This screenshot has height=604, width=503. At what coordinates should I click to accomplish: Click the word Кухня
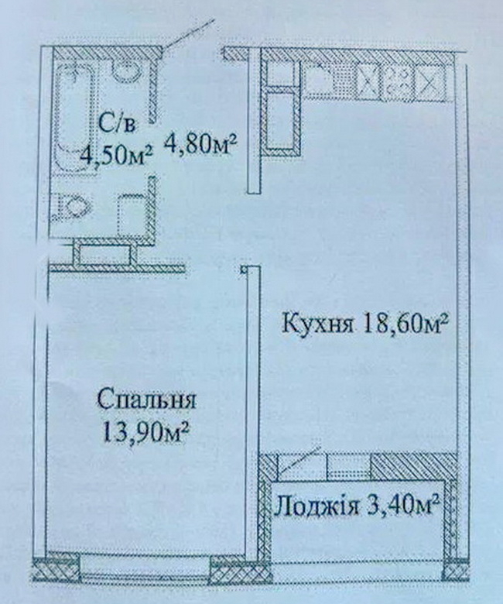coord(317,324)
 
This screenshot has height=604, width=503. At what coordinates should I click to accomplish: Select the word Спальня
coord(146,400)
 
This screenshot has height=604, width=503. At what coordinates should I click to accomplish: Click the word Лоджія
coord(317,506)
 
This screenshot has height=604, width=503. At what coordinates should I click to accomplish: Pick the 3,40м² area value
coord(403,505)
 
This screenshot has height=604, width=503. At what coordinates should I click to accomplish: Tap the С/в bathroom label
coord(118,124)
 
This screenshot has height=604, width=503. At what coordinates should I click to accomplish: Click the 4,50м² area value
coord(115,154)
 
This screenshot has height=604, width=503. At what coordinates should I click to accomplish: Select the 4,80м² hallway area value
coord(200,144)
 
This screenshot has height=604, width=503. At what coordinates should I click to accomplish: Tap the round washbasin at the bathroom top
coord(126,71)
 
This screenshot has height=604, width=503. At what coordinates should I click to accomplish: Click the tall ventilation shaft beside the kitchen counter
coord(282,119)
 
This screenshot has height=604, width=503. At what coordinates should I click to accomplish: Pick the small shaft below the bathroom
coord(104,255)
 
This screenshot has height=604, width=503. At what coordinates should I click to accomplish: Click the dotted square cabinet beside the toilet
coord(132,214)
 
